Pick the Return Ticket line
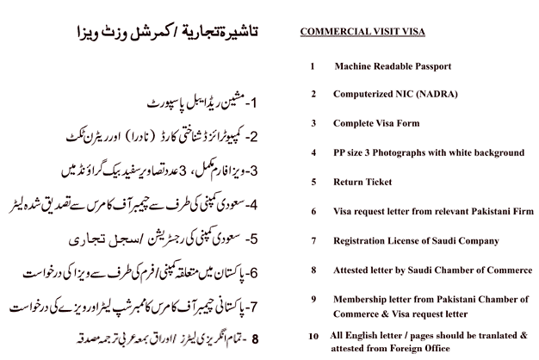click(363, 182)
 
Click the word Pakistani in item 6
click(488, 211)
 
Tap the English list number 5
click(314, 182)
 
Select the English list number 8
click(314, 270)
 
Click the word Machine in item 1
click(356, 66)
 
